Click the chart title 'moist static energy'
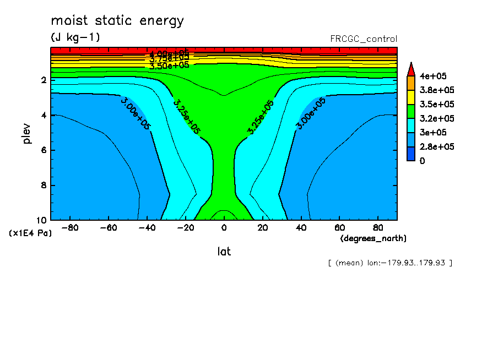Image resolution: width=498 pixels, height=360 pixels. tap(117, 21)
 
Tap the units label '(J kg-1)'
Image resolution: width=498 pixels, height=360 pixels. tap(75, 37)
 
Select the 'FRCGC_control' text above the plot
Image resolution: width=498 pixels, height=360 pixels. tap(363, 39)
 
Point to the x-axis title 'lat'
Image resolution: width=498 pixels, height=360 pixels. tap(224, 252)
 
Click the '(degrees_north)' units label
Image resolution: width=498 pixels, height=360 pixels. tap(373, 238)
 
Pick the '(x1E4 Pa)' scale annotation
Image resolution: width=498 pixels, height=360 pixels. tap(30, 233)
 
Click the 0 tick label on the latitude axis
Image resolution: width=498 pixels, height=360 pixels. tap(224, 227)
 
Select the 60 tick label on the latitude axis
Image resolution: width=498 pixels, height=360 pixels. tap(340, 227)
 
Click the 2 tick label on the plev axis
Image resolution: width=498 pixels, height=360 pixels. tap(42, 80)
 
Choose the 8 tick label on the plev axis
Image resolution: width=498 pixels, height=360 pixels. tap(42, 186)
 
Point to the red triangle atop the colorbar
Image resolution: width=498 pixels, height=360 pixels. tap(410, 69)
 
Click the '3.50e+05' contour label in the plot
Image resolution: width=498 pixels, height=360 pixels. tap(169, 65)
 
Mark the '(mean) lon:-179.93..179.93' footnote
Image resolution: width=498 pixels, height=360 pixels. tap(389, 263)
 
